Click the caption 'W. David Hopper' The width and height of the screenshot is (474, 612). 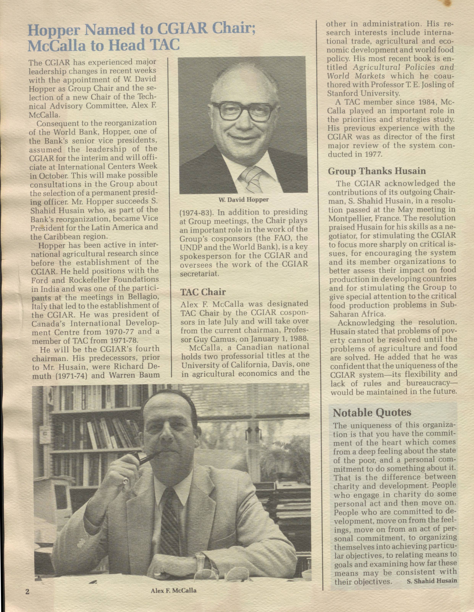point(243,200)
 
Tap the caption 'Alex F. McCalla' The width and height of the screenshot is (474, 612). point(174,590)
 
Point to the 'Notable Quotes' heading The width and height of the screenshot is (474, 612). point(372,412)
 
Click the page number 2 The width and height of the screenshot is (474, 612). point(27,592)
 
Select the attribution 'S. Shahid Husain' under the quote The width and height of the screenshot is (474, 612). point(431,580)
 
